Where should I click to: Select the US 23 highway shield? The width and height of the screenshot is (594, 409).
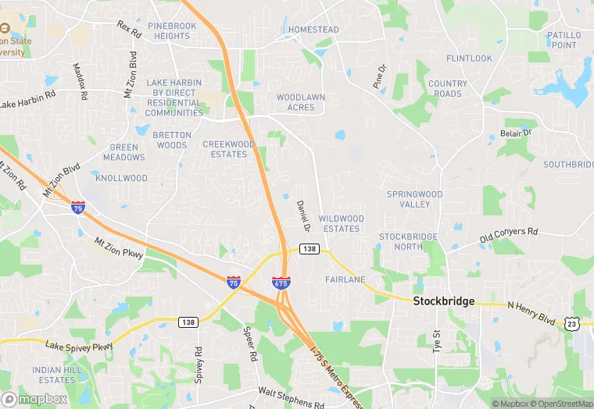572,323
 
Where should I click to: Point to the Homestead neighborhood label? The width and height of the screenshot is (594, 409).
313,30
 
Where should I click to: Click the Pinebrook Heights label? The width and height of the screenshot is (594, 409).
171,31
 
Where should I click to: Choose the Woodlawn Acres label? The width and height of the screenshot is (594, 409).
301,102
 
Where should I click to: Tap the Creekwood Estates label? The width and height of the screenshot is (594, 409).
229,149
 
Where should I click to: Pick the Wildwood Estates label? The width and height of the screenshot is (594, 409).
342,223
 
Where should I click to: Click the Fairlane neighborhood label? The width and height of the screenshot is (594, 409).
345,279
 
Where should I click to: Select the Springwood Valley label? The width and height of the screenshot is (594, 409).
415,199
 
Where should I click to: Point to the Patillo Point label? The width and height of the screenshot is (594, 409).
564,40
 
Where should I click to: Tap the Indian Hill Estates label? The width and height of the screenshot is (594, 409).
54,374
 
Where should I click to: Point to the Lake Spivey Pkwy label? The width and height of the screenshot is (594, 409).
79,344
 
